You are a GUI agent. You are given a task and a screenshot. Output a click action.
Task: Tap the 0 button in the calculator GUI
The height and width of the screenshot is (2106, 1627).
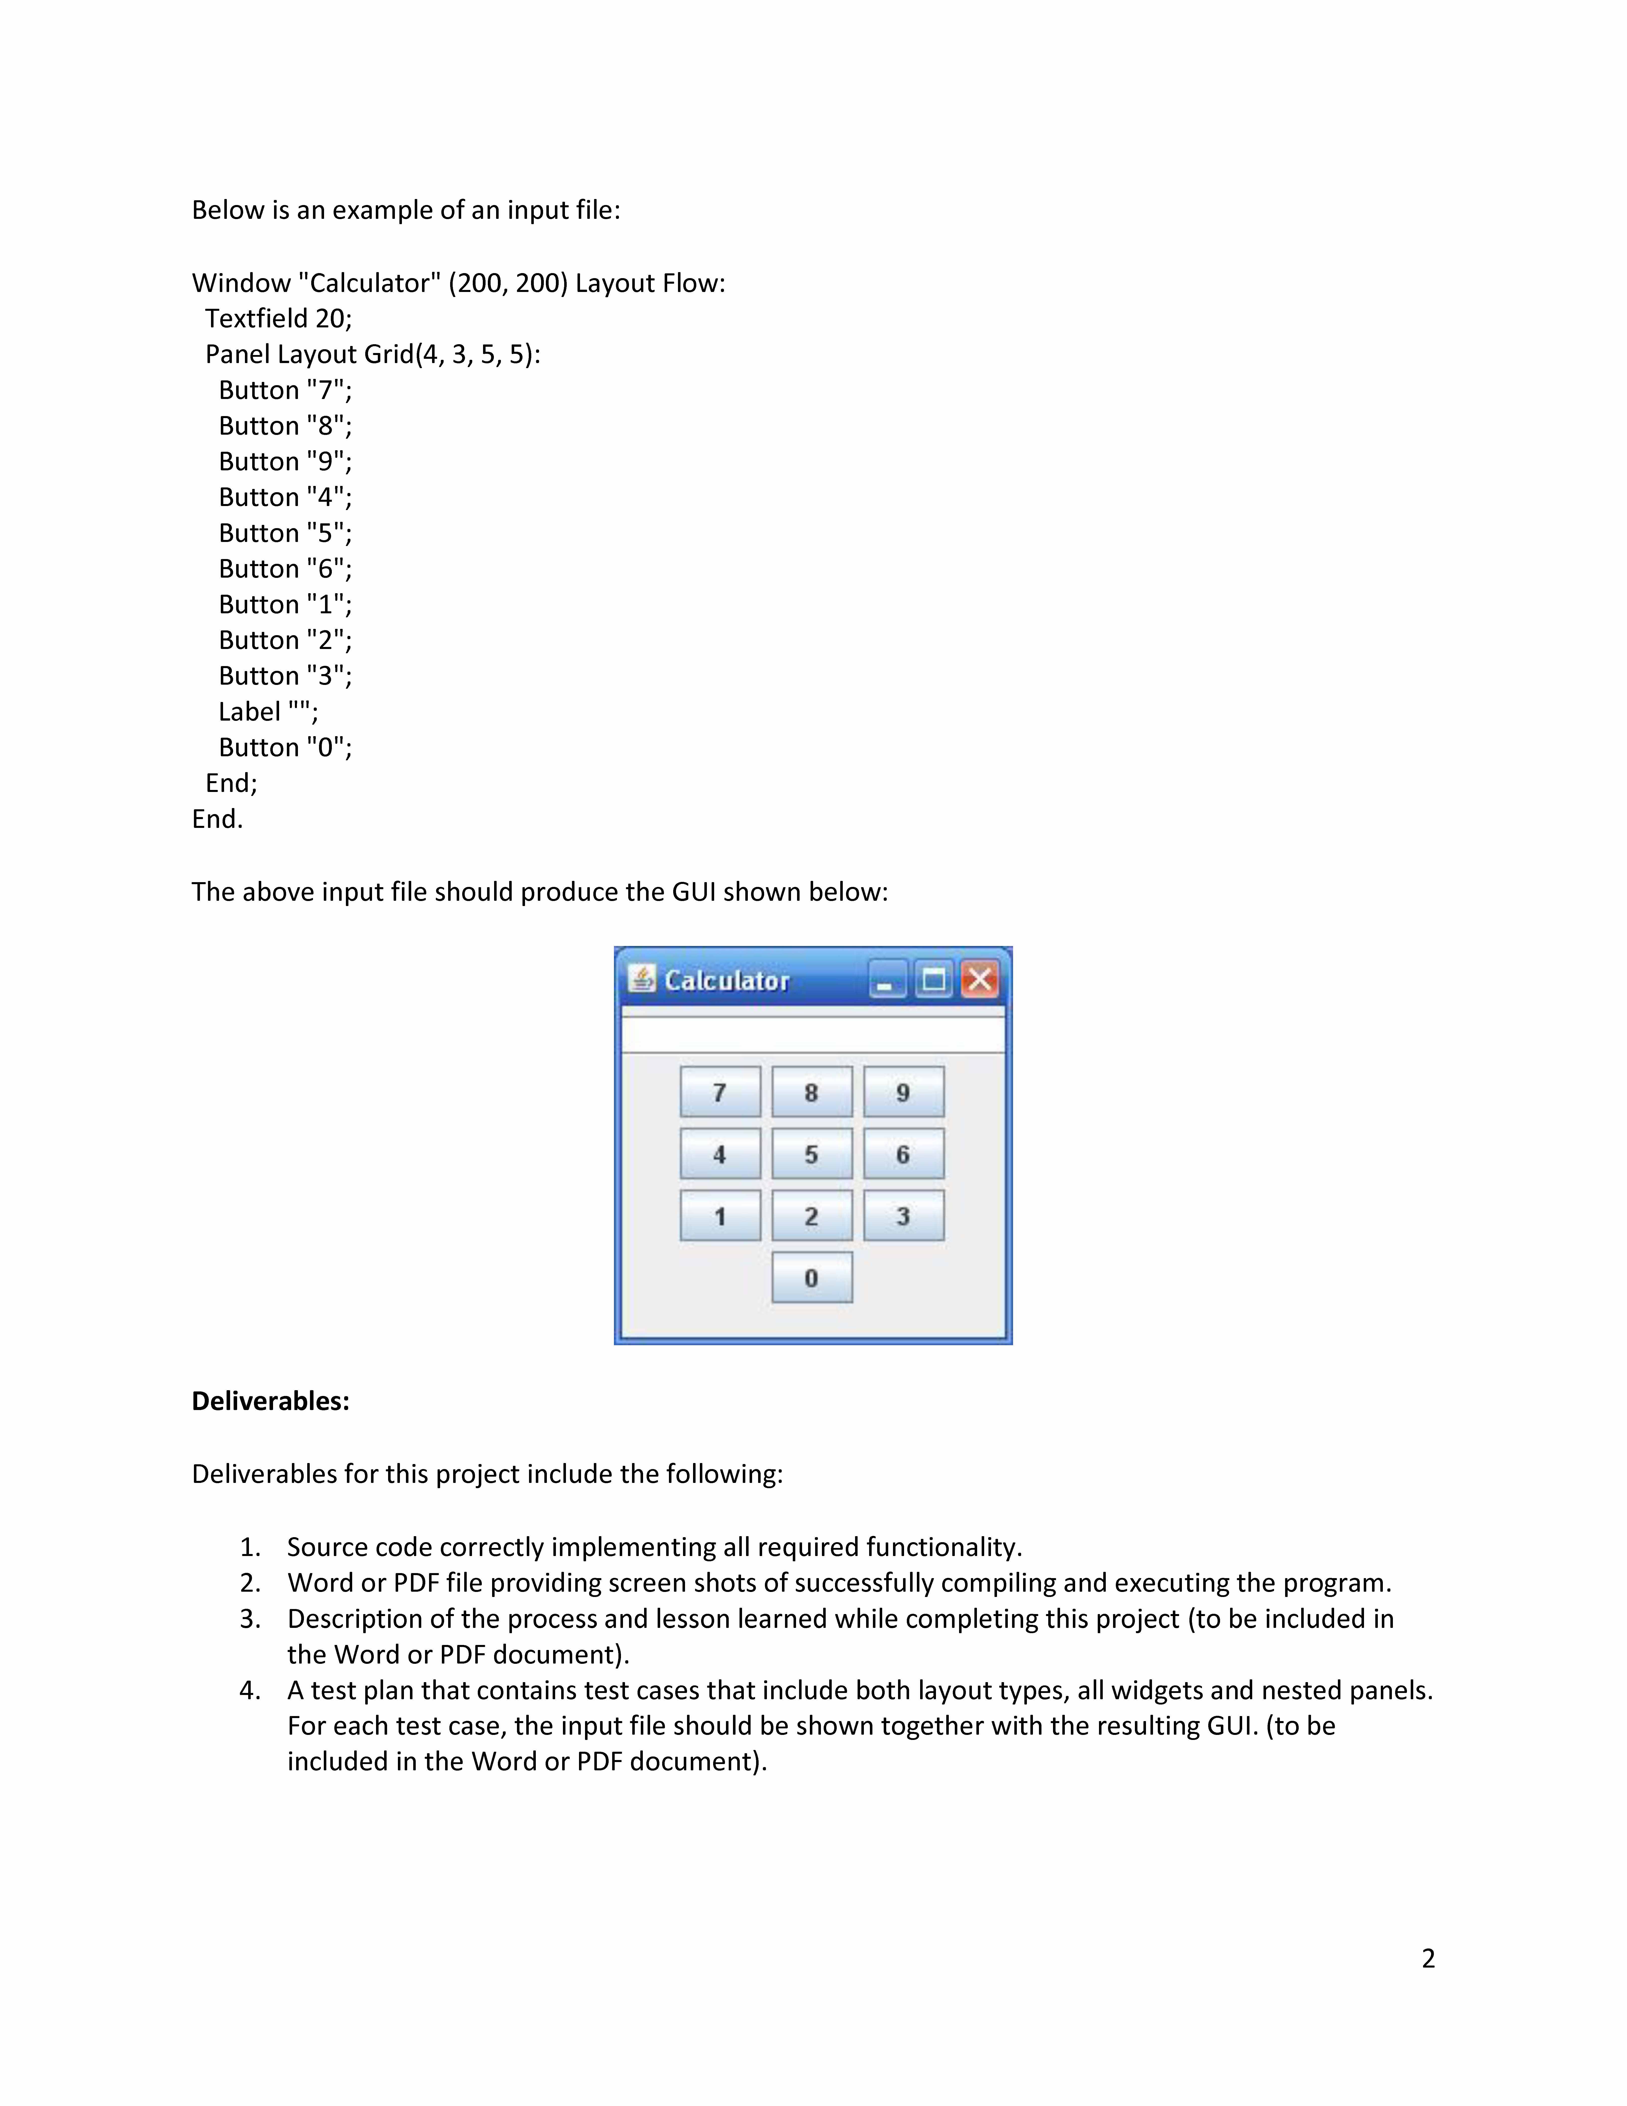[x=812, y=1278]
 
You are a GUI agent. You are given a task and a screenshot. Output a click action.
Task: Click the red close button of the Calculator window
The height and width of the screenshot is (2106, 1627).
[x=980, y=980]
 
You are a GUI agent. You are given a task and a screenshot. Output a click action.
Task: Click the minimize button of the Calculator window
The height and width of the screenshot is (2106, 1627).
[x=886, y=980]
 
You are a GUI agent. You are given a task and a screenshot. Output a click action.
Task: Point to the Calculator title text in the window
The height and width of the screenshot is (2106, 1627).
[x=727, y=981]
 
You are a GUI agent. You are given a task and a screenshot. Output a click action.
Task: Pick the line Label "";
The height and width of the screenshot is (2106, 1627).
[x=268, y=712]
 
